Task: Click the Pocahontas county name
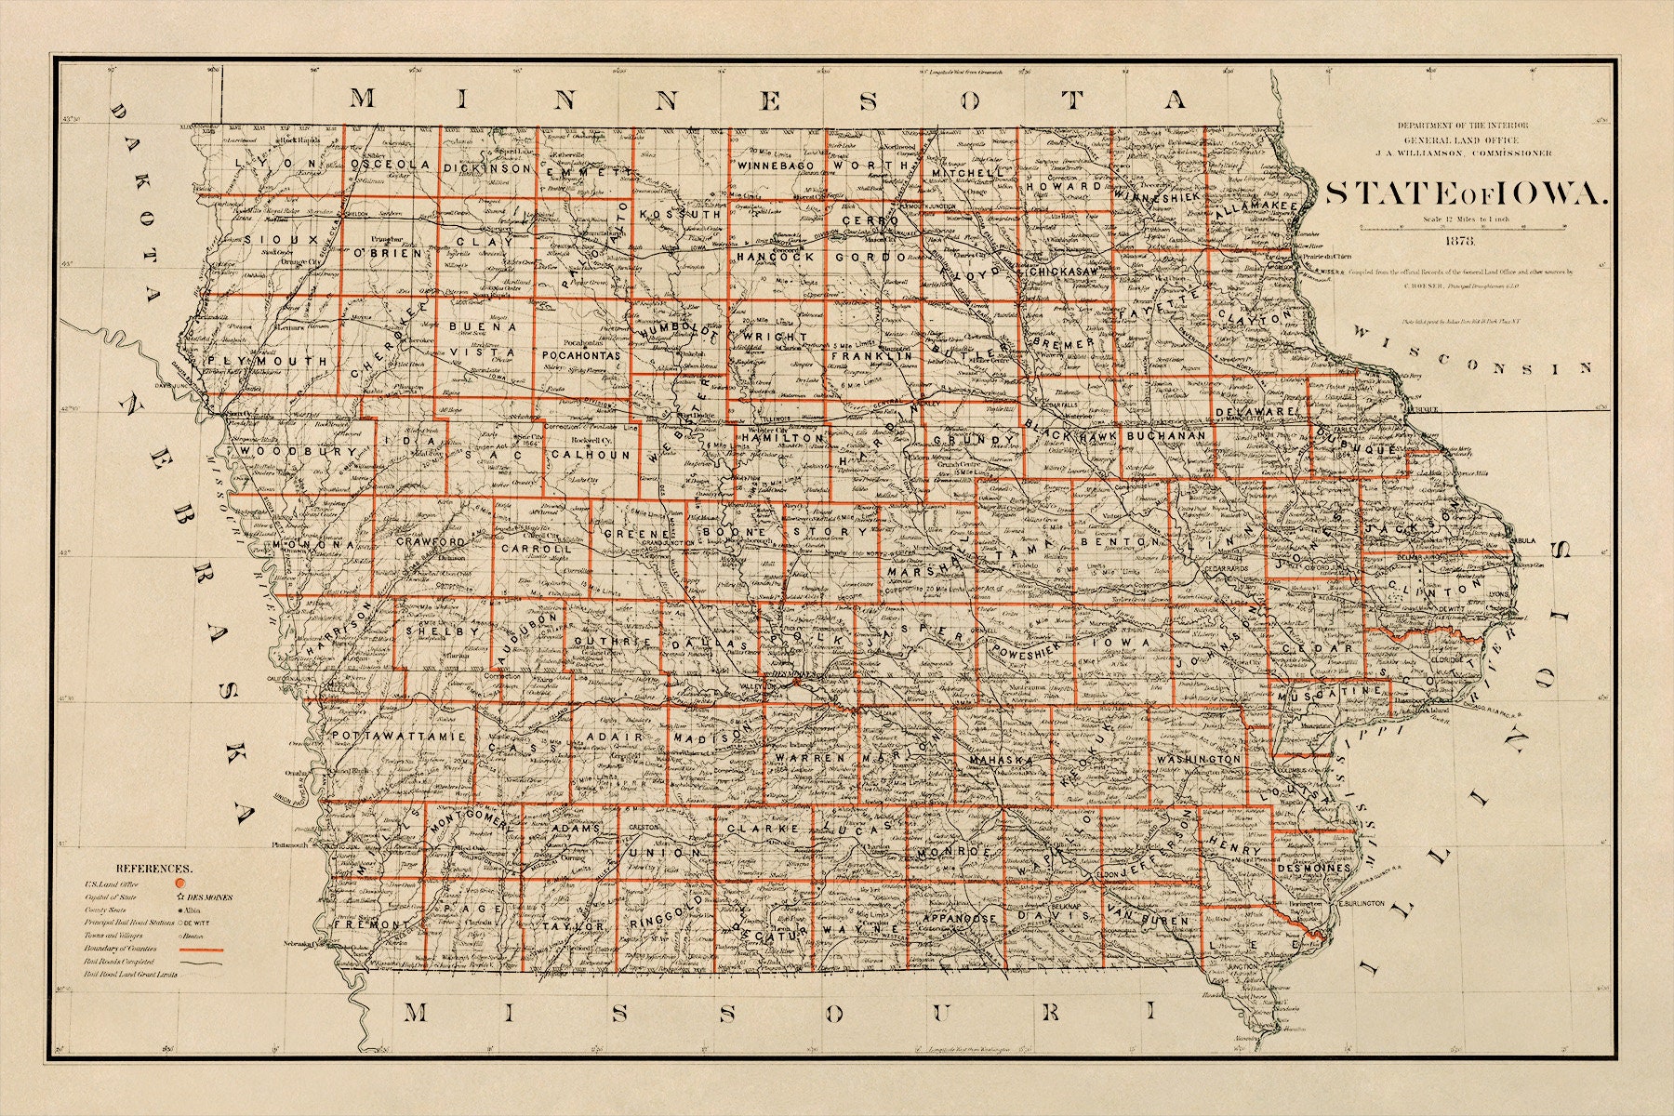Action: point(580,355)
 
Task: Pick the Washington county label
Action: point(1199,759)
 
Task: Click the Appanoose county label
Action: point(959,918)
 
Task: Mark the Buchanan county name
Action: point(1165,435)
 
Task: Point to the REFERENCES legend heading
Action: point(153,866)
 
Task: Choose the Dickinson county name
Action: point(486,168)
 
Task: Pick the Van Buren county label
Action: point(1147,920)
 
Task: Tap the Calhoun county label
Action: point(590,455)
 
